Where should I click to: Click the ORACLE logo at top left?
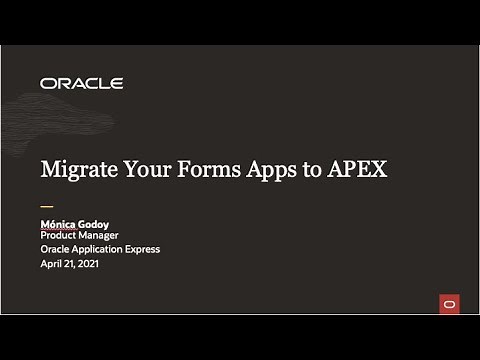pyautogui.click(x=82, y=84)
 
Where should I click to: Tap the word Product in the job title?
pyautogui.click(x=61, y=235)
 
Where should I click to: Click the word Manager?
pyautogui.click(x=108, y=235)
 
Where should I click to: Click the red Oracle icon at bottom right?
pyautogui.click(x=448, y=303)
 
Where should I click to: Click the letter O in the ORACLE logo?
pyautogui.click(x=47, y=84)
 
